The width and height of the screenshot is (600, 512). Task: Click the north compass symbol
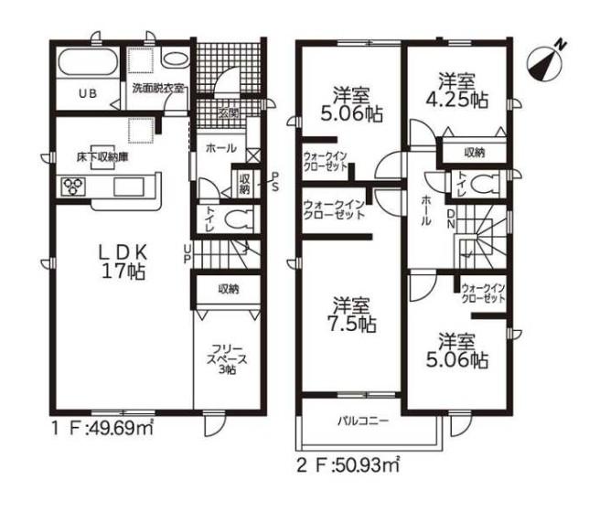tap(545, 63)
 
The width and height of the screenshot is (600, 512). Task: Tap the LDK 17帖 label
tap(123, 261)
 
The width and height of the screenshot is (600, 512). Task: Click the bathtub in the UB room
tap(88, 63)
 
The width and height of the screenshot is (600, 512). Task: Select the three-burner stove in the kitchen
tap(73, 187)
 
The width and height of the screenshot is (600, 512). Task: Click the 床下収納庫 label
tap(102, 157)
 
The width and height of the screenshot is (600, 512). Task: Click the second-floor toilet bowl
tap(484, 185)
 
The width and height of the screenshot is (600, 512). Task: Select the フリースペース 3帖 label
tap(227, 359)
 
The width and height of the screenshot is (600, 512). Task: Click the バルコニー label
tap(363, 421)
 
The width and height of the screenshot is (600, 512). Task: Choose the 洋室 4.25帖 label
tap(456, 91)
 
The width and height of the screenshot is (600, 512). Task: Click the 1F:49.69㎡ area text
tap(102, 429)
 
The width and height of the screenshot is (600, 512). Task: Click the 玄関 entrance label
tap(229, 112)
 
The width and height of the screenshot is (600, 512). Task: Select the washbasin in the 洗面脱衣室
tap(175, 59)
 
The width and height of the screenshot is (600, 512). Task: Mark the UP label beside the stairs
tap(187, 254)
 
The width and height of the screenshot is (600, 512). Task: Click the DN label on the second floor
tap(451, 219)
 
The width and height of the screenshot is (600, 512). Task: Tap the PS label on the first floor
tap(275, 182)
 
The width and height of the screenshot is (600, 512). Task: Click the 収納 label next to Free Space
tap(229, 290)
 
